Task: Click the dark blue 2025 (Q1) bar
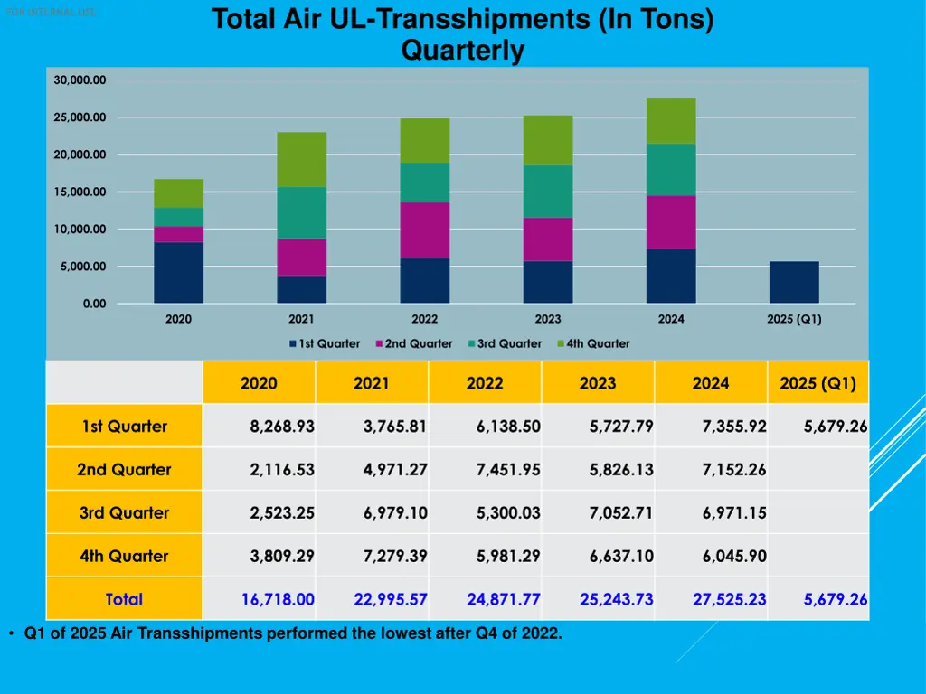[x=794, y=282]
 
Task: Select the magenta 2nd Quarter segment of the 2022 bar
[x=425, y=230]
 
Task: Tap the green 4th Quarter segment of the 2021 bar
[x=301, y=159]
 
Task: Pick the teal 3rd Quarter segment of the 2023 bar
[x=548, y=191]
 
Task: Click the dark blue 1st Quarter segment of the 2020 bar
[x=178, y=272]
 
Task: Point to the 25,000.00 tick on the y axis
[x=80, y=117]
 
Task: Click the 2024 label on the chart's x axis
[x=671, y=319]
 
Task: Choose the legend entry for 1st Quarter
[x=325, y=343]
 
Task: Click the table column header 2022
[x=485, y=383]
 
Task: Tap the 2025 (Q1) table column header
[x=817, y=383]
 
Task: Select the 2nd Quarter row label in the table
[x=124, y=470]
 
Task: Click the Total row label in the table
[x=124, y=599]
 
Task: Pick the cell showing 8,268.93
[x=282, y=427]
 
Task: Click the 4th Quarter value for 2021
[x=395, y=557]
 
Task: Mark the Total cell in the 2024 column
[x=733, y=599]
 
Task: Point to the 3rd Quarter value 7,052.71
[x=621, y=513]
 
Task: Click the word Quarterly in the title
[x=462, y=51]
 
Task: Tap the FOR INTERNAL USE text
[x=51, y=13]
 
